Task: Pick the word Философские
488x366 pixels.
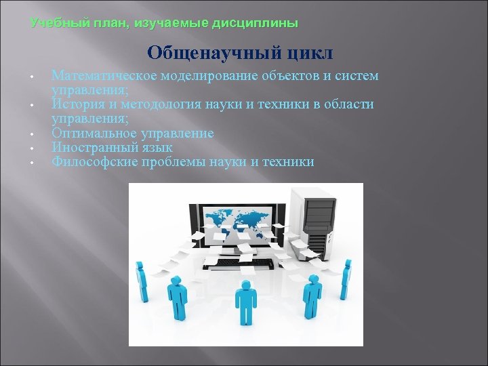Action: (92, 161)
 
